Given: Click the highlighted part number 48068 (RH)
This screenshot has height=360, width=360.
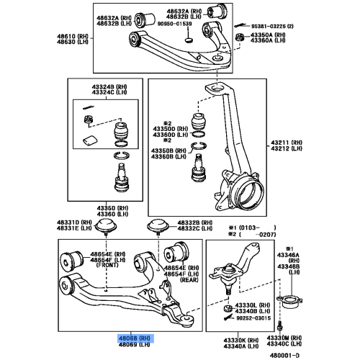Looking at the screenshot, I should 134,337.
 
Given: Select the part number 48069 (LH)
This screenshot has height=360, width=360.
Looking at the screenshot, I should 134,344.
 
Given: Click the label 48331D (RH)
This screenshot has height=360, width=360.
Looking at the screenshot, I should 73,223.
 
